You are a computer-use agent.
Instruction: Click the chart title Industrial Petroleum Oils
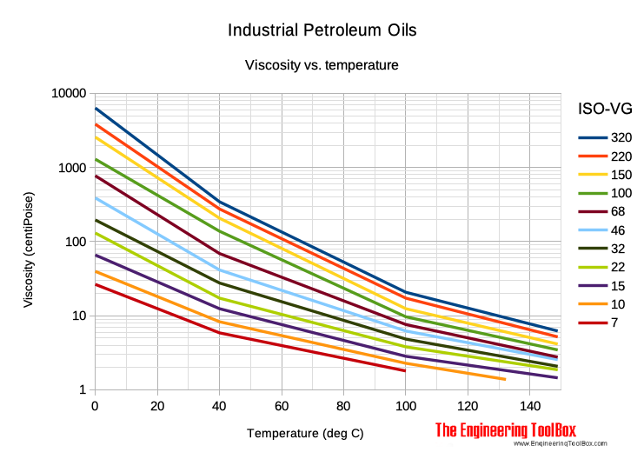322,30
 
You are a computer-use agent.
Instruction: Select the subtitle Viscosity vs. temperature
322,65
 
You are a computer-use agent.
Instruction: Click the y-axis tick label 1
83,389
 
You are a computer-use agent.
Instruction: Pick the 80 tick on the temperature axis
343,405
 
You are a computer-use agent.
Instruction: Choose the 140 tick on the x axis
529,405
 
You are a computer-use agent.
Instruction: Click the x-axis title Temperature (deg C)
305,433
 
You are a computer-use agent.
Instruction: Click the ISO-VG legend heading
605,109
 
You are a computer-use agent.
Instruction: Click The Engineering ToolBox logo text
506,429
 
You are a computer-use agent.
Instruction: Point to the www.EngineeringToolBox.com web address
559,444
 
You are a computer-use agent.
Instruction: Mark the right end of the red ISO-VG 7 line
405,371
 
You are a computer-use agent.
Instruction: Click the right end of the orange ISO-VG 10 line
505,379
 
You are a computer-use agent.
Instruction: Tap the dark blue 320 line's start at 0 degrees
96,109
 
